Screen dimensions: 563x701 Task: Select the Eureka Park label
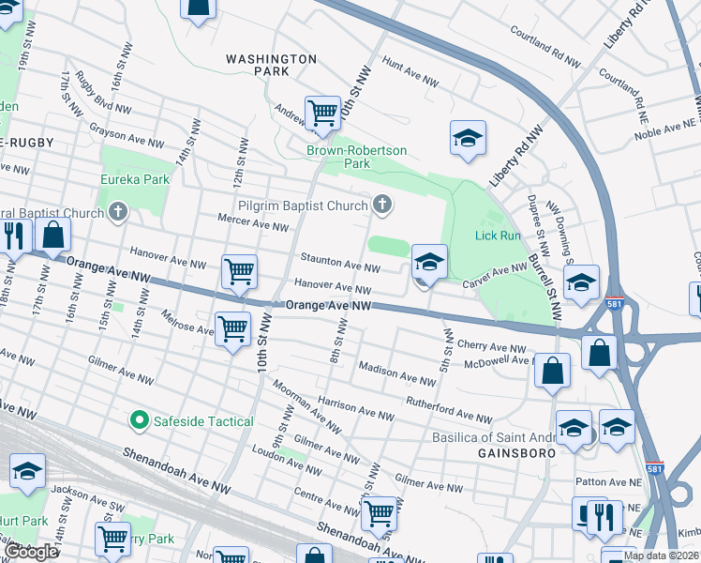click(136, 179)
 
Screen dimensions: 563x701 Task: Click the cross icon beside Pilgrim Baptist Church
click(381, 204)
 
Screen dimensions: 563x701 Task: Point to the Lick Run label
click(497, 236)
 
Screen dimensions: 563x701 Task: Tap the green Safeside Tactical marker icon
click(141, 421)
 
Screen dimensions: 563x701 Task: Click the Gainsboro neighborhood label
click(506, 452)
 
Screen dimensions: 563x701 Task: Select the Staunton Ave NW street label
click(339, 264)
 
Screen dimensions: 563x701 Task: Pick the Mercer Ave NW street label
click(253, 226)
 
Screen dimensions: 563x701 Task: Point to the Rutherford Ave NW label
click(448, 410)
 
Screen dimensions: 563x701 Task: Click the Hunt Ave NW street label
click(410, 75)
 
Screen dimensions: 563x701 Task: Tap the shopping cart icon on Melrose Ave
click(232, 330)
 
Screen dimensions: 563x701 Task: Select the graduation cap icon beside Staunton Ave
click(429, 262)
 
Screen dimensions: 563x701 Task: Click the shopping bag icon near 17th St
click(53, 236)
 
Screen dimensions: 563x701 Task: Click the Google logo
click(33, 552)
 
